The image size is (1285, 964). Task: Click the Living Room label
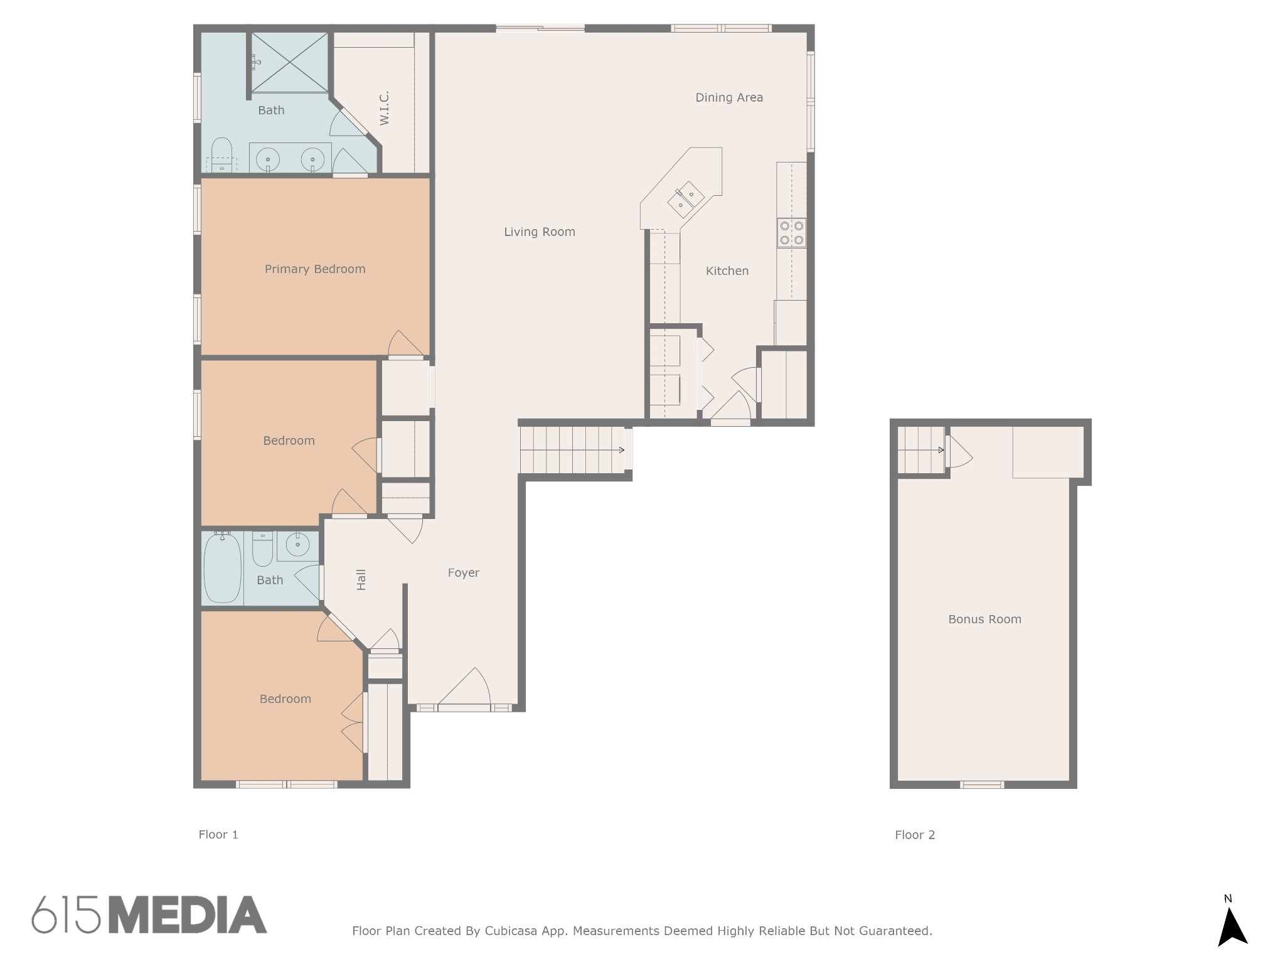pyautogui.click(x=540, y=232)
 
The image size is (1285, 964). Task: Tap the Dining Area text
pyautogui.click(x=729, y=97)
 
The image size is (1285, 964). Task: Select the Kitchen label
pyautogui.click(x=727, y=270)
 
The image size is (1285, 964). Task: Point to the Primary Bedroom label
pyautogui.click(x=315, y=269)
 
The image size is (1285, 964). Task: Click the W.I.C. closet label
pyautogui.click(x=385, y=108)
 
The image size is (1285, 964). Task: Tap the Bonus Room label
pyautogui.click(x=984, y=619)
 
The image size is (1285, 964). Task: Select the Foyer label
pyautogui.click(x=464, y=572)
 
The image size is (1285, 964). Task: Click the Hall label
pyautogui.click(x=361, y=580)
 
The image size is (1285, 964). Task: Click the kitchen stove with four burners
pyautogui.click(x=791, y=233)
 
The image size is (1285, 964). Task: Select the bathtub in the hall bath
pyautogui.click(x=223, y=567)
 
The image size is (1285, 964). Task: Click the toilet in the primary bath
pyautogui.click(x=221, y=154)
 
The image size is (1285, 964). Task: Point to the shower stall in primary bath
pyautogui.click(x=289, y=62)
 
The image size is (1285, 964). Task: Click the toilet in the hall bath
pyautogui.click(x=262, y=549)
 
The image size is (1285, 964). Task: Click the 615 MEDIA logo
pyautogui.click(x=149, y=915)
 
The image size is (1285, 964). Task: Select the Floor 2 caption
pyautogui.click(x=915, y=835)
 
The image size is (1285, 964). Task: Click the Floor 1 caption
pyautogui.click(x=218, y=834)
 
